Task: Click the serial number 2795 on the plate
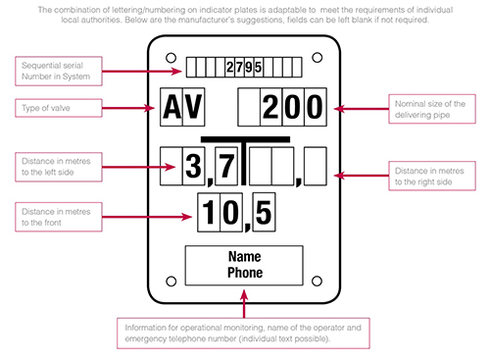244,67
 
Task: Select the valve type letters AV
182,107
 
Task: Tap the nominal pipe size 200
292,107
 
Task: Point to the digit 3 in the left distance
193,166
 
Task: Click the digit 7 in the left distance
226,166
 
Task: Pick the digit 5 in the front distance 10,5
264,213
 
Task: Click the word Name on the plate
245,257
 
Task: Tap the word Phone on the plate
245,273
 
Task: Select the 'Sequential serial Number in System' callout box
59,71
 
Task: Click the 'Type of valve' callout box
59,108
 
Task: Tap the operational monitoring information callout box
243,334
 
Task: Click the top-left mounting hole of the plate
171,58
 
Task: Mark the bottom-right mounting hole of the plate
317,282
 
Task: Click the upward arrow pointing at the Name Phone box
244,303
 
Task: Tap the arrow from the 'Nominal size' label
362,109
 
